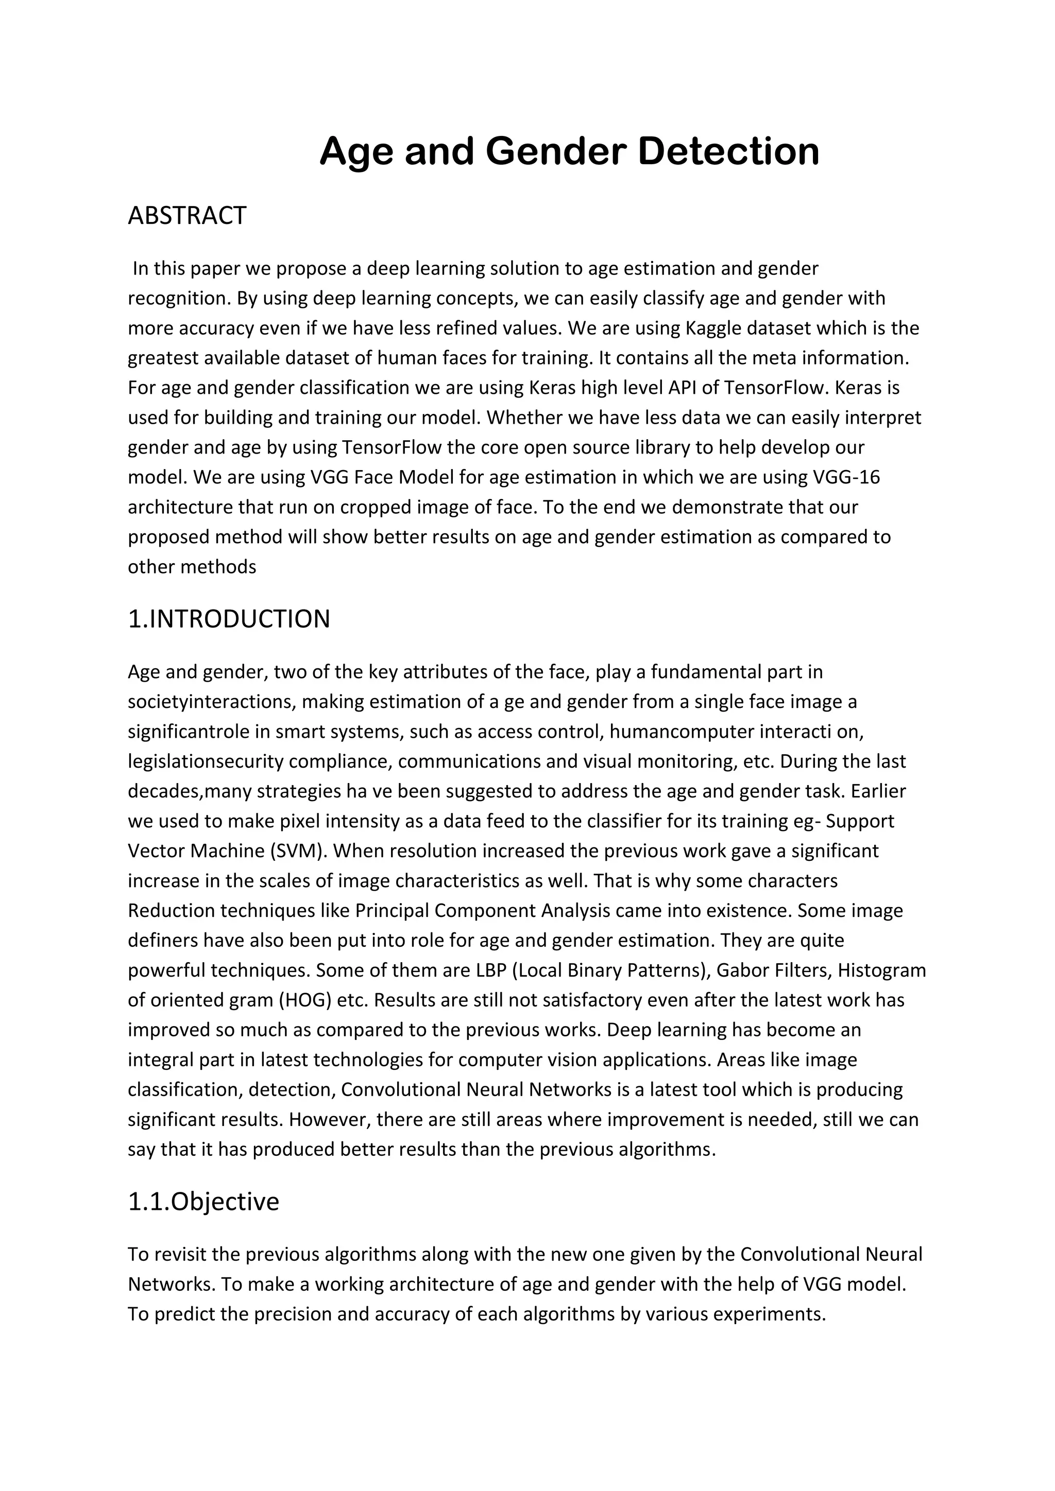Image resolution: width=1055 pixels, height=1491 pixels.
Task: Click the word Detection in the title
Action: [728, 151]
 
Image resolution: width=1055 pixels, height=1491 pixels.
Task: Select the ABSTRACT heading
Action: [187, 216]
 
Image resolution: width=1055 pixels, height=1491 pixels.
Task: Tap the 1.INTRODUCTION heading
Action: [229, 619]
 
